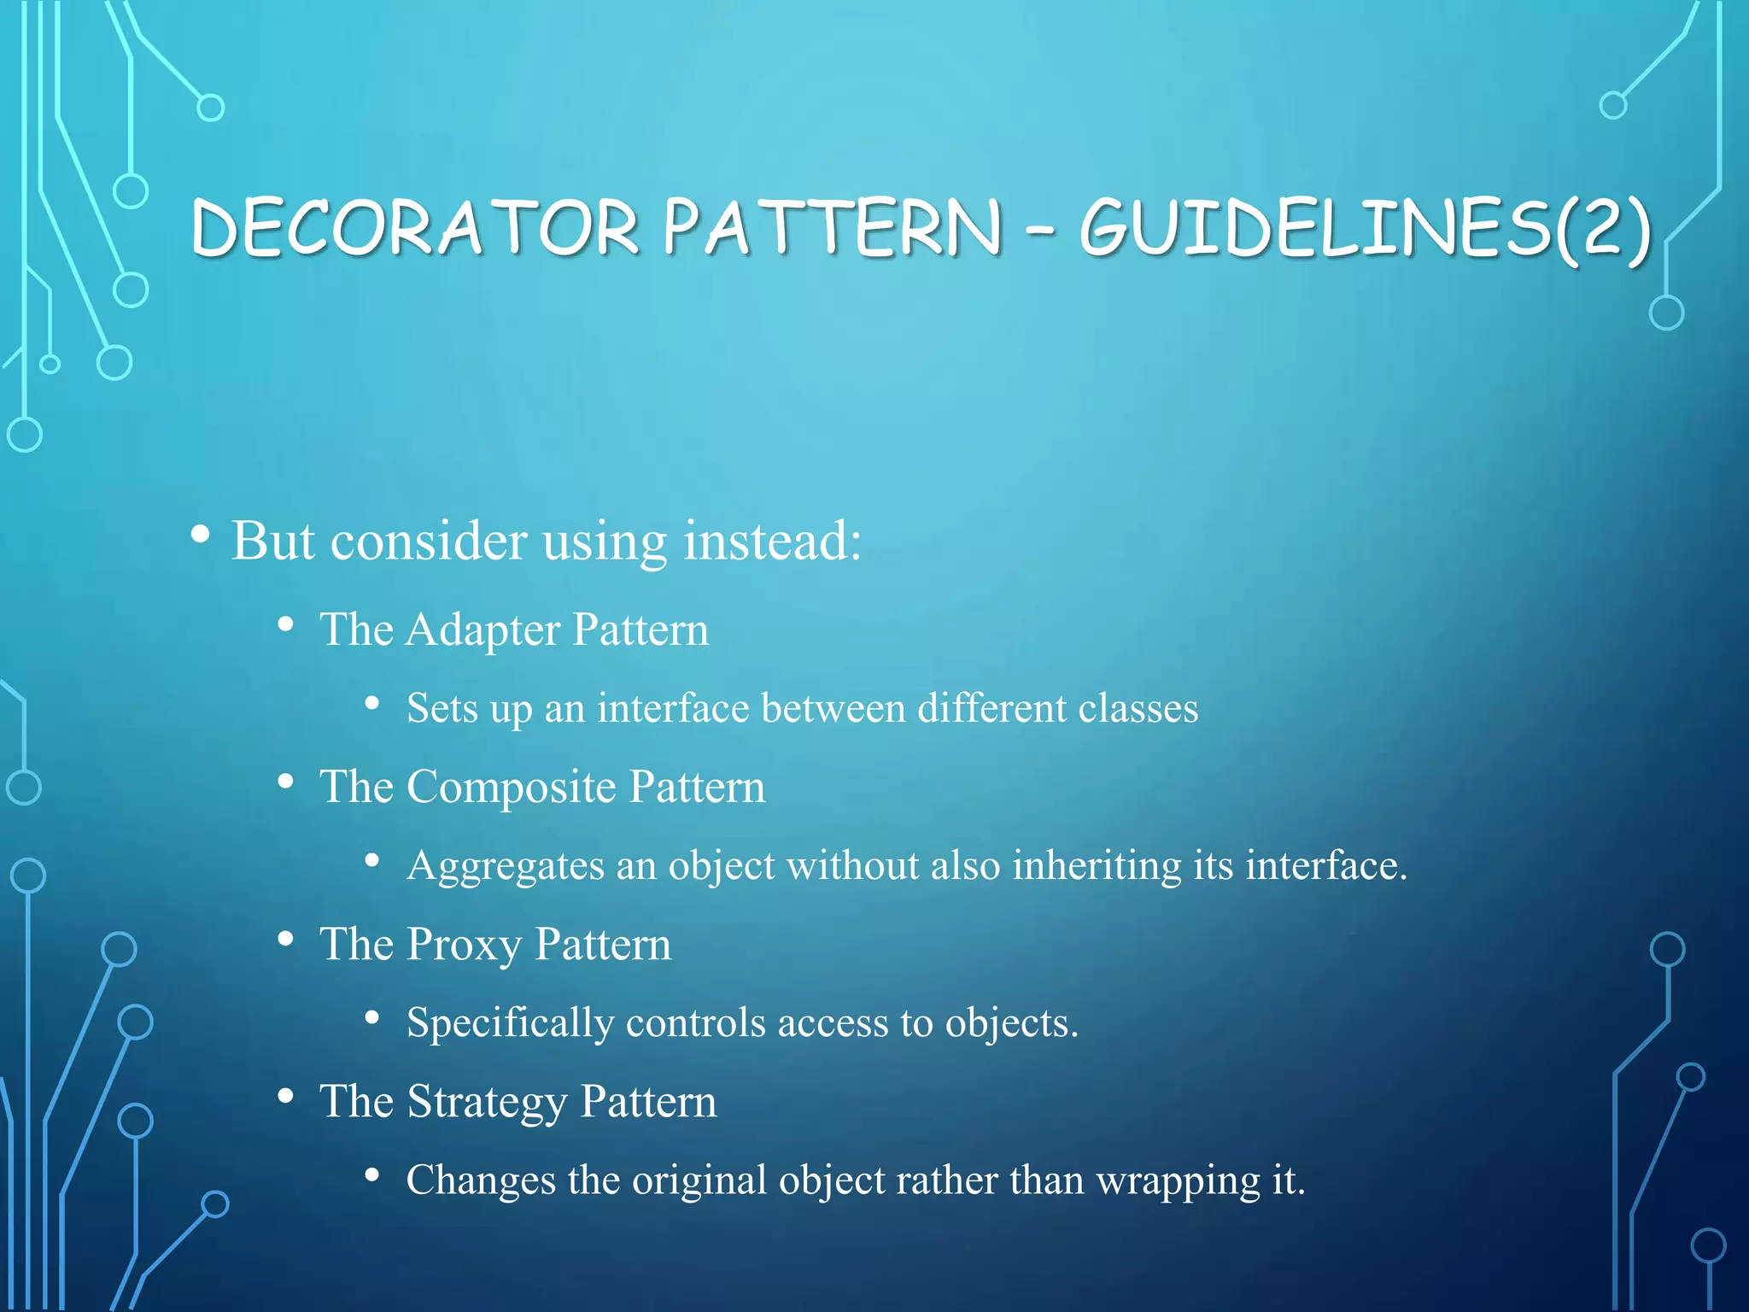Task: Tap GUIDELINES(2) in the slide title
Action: [1365, 229]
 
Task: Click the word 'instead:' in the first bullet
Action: [772, 541]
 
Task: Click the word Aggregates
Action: [506, 866]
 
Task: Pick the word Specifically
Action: [510, 1023]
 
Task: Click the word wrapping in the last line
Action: [1178, 1181]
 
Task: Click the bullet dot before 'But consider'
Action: [200, 536]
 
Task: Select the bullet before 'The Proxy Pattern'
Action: [286, 939]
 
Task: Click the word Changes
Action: [481, 1180]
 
